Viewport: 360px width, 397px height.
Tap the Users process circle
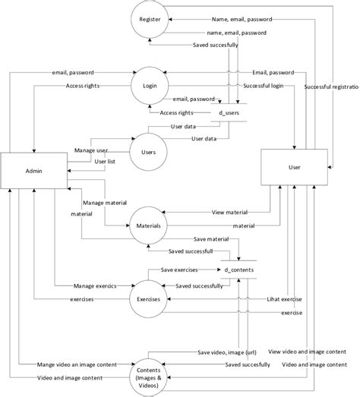point(149,152)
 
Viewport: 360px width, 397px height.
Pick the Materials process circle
point(149,225)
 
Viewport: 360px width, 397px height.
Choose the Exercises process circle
point(149,299)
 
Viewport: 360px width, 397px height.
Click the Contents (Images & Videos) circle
point(149,371)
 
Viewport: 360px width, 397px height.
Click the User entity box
point(296,168)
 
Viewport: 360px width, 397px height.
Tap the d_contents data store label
point(238,269)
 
